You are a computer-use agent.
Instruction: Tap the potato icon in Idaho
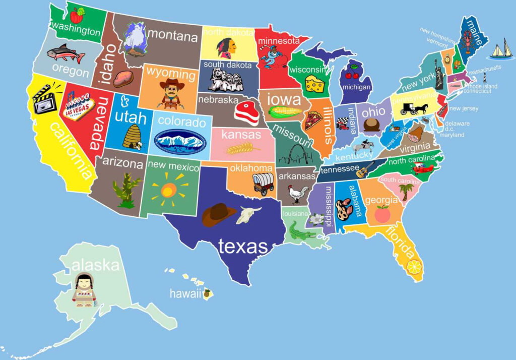[123, 79]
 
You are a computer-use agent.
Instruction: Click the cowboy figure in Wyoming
[171, 94]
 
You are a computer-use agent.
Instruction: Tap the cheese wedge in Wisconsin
[316, 84]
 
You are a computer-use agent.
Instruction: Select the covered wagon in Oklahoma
[263, 184]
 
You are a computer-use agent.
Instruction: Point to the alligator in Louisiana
[301, 232]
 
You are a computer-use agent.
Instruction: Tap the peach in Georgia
[382, 214]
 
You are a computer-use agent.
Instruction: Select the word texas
[243, 247]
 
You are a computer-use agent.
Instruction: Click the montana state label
[173, 37]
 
